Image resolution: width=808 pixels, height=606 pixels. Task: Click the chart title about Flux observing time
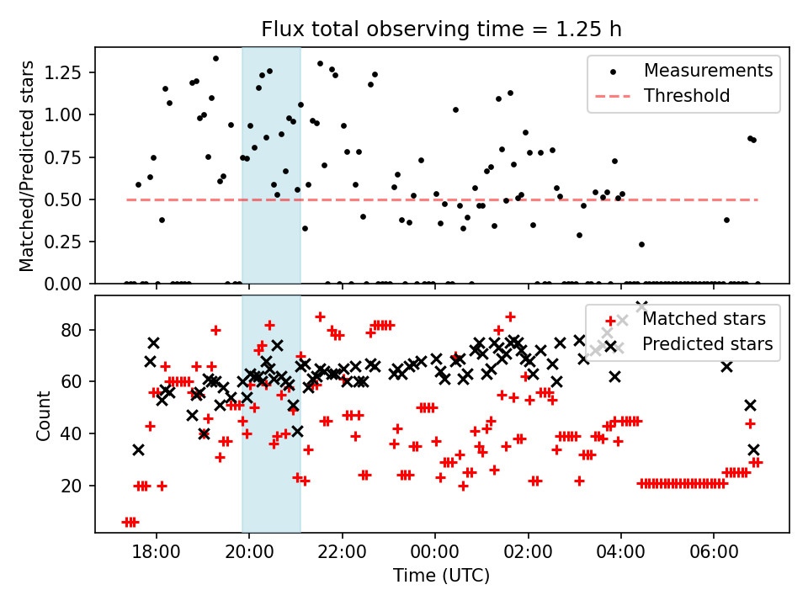(x=441, y=29)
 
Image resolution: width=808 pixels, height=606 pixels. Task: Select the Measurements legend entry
(x=708, y=71)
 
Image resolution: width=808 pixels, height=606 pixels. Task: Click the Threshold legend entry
(x=686, y=96)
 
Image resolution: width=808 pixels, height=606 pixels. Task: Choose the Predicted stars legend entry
(x=707, y=344)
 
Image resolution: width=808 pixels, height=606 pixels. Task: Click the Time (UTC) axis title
(x=441, y=577)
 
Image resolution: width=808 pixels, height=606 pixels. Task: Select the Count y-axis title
(x=43, y=415)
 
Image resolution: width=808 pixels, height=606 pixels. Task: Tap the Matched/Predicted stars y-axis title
(x=28, y=166)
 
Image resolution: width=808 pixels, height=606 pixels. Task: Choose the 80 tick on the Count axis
(x=74, y=330)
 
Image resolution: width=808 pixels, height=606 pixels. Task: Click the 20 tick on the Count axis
(x=74, y=486)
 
